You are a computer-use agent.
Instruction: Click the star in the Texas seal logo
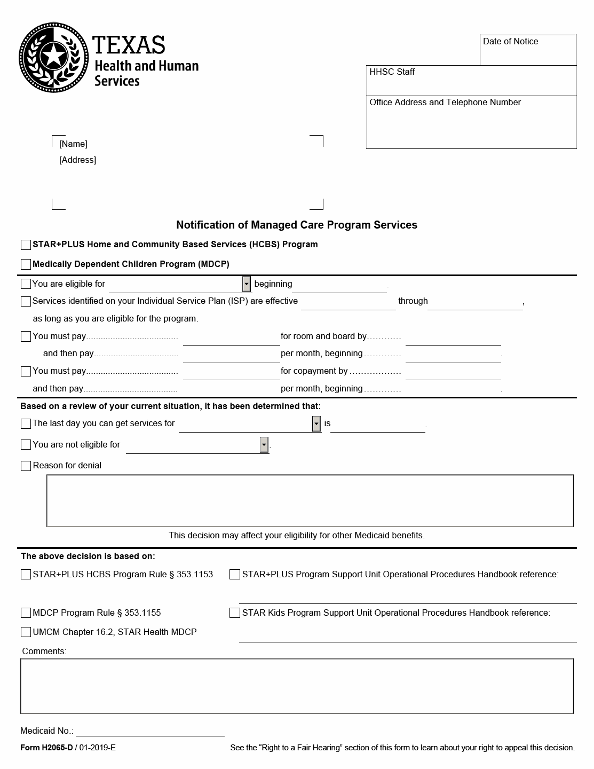point(54,55)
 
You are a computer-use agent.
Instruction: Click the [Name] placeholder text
point(73,144)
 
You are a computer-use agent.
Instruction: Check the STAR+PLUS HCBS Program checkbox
point(26,245)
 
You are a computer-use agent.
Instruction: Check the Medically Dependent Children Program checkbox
point(26,264)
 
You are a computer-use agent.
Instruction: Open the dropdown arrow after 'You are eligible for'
point(246,284)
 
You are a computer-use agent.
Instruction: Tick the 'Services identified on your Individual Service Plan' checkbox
point(26,302)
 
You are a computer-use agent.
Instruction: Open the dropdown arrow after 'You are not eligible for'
point(264,445)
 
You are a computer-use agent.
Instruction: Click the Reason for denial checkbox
point(26,466)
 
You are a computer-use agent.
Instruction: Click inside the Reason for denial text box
point(310,501)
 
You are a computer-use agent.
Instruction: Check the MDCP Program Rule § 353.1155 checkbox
point(26,613)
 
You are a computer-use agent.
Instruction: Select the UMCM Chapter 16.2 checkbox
point(26,632)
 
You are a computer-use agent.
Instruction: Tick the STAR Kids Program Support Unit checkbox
point(234,613)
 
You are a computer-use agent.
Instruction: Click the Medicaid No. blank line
point(149,731)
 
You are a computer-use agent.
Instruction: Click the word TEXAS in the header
point(129,45)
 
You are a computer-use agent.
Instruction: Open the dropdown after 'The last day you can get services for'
point(316,424)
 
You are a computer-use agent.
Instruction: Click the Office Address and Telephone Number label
point(445,103)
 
